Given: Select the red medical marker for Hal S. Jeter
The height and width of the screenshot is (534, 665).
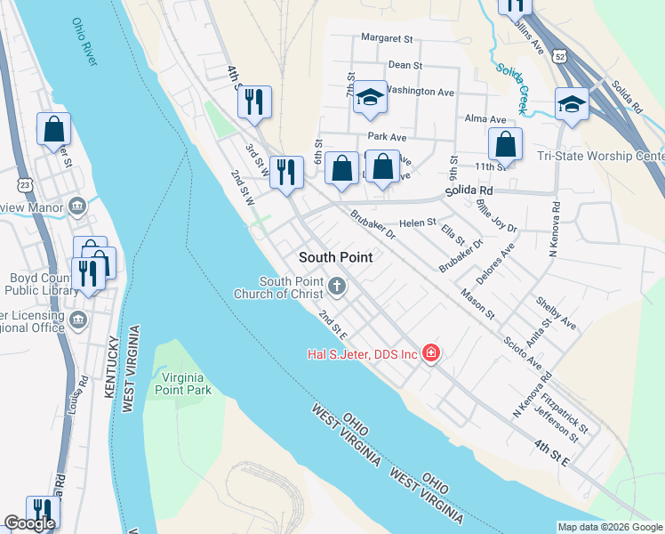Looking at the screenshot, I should click(431, 354).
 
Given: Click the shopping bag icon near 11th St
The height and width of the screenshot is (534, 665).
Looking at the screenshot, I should click(505, 143).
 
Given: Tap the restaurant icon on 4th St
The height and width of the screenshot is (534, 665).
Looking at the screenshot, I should click(254, 101).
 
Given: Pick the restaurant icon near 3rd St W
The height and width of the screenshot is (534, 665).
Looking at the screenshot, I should click(285, 171).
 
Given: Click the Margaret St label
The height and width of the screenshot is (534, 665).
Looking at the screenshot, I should click(388, 38).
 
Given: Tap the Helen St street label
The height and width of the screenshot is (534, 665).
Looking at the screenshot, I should click(417, 222).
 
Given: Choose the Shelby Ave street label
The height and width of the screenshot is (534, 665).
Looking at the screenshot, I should click(556, 312).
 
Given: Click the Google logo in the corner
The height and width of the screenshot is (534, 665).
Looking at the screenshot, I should click(30, 523).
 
